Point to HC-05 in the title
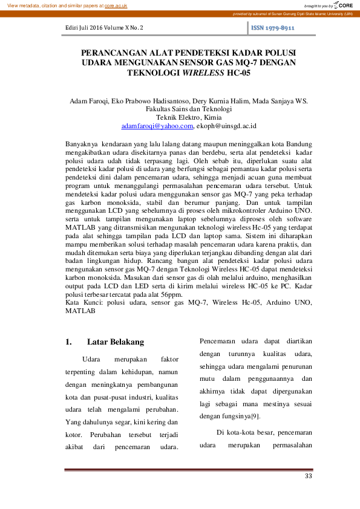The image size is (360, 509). (238, 72)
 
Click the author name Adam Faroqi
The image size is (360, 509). (88, 102)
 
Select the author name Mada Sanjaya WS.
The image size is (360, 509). (280, 102)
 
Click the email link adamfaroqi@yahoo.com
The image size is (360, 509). (157, 126)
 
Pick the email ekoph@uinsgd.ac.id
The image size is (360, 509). (226, 126)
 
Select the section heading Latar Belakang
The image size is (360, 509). (116, 342)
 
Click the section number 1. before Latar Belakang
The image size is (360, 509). (68, 342)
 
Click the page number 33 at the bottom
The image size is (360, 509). (308, 477)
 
